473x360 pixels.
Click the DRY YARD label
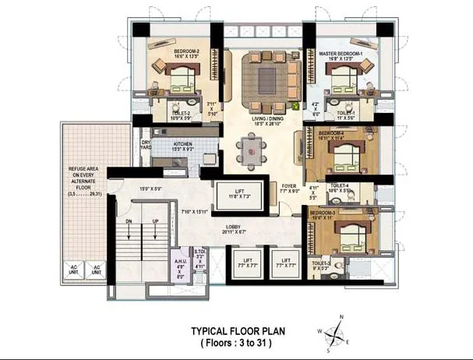[146, 146]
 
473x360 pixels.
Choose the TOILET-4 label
[344, 188]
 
